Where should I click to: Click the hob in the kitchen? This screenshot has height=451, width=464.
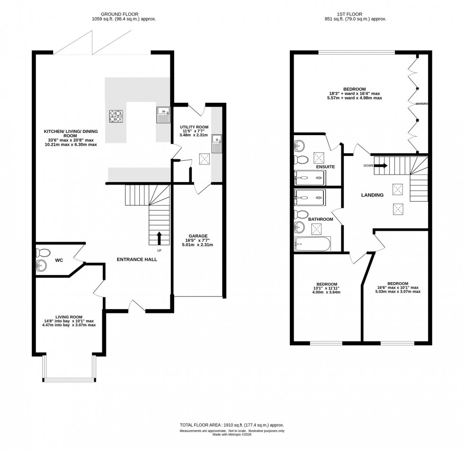pyautogui.click(x=116, y=116)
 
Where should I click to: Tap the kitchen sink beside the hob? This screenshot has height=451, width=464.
pyautogui.click(x=163, y=115)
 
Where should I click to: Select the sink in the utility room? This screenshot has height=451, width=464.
pyautogui.click(x=217, y=144)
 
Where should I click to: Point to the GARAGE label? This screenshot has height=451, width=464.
pyautogui.click(x=198, y=236)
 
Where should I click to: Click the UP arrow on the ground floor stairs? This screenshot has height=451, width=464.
pyautogui.click(x=159, y=237)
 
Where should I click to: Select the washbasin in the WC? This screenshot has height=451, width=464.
pyautogui.click(x=42, y=267)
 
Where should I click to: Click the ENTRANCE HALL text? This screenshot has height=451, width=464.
pyautogui.click(x=137, y=259)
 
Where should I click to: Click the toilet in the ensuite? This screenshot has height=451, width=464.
pyautogui.click(x=301, y=159)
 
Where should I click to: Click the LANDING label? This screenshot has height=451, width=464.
pyautogui.click(x=372, y=195)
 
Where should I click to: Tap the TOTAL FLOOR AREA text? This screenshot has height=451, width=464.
pyautogui.click(x=232, y=425)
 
